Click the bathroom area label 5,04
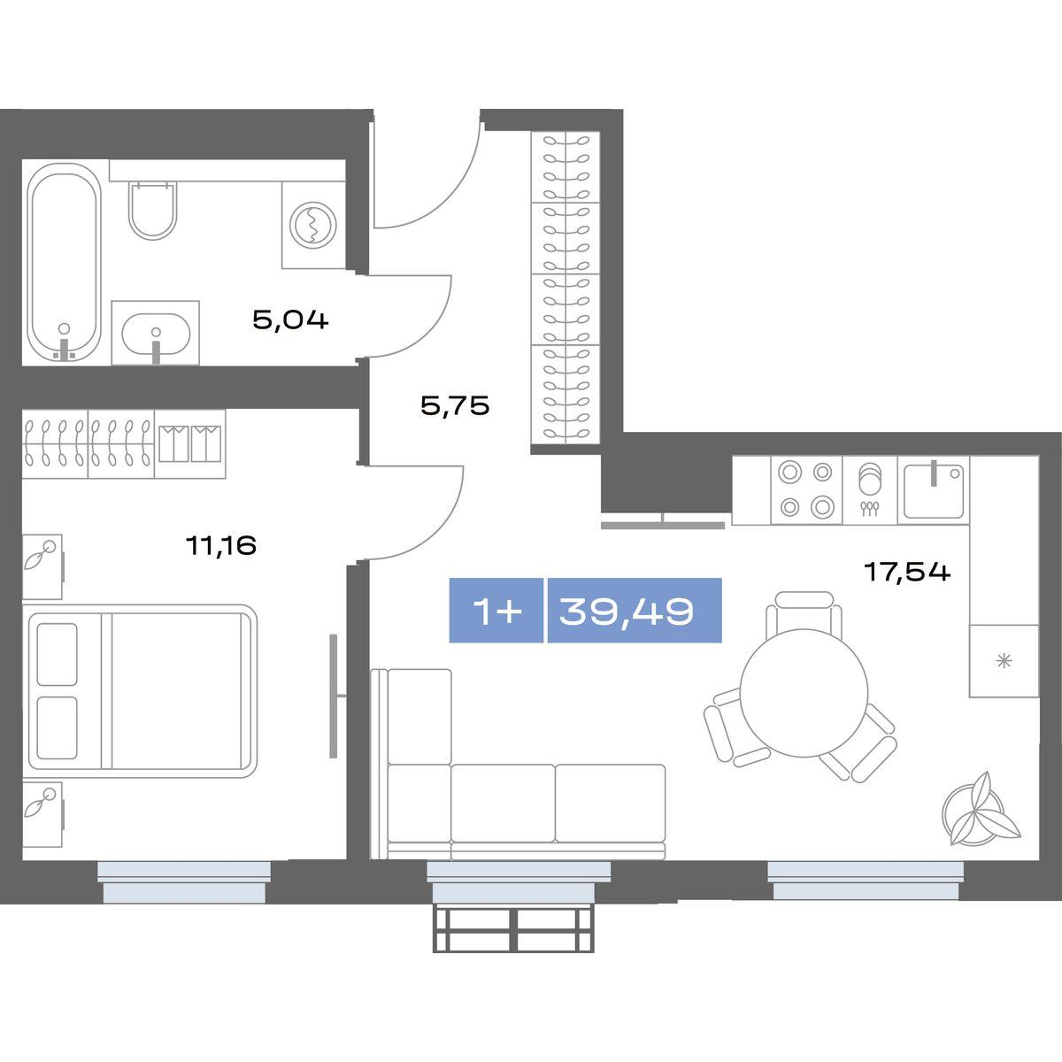point(290,320)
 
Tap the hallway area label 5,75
point(455,407)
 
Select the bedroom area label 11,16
point(221,546)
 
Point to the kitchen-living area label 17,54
point(907,572)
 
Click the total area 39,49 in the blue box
point(626,612)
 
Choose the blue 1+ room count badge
point(496,611)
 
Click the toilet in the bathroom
point(152,211)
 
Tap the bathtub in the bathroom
point(65,262)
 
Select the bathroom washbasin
point(156,334)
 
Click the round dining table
point(804,693)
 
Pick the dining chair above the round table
point(804,611)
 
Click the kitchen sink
point(934,490)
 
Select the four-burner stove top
point(806,490)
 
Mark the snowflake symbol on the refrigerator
point(1004,660)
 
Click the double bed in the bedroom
point(140,691)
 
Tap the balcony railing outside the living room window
point(513,930)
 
